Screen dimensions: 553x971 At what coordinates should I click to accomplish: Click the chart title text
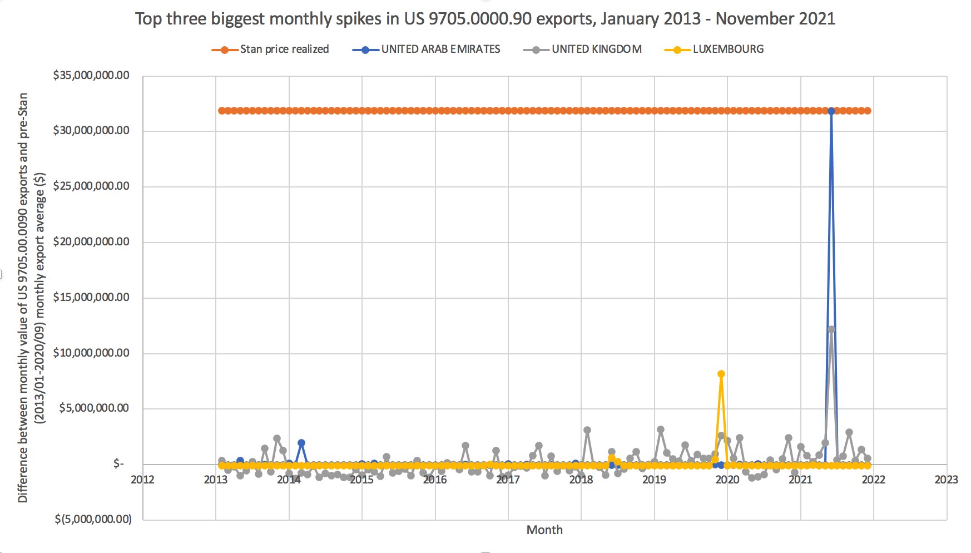pyautogui.click(x=485, y=19)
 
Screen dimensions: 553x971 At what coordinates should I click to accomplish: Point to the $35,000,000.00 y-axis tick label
pyautogui.click(x=91, y=76)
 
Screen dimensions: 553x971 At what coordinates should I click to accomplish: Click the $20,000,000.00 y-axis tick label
pyautogui.click(x=91, y=242)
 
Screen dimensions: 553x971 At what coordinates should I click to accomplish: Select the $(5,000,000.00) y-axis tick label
pyautogui.click(x=93, y=519)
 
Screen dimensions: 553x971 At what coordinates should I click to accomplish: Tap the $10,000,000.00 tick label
pyautogui.click(x=91, y=353)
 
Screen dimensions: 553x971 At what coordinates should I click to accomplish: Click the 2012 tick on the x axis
pyautogui.click(x=142, y=480)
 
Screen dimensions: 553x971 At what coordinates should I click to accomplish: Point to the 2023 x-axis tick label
pyautogui.click(x=946, y=480)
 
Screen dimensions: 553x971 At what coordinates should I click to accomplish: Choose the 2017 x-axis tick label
pyautogui.click(x=508, y=480)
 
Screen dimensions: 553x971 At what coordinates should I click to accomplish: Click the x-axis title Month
pyautogui.click(x=544, y=530)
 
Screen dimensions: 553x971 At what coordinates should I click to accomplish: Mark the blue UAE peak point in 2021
pyautogui.click(x=831, y=111)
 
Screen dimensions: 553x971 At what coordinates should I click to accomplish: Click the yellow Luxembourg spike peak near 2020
pyautogui.click(x=721, y=374)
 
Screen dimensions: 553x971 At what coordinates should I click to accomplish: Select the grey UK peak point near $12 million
pyautogui.click(x=831, y=329)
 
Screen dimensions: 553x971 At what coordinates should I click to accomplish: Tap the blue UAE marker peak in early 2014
pyautogui.click(x=301, y=443)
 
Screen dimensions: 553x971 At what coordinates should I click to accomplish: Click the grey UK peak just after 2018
pyautogui.click(x=587, y=431)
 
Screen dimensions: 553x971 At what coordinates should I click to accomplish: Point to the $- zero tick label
pyautogui.click(x=118, y=464)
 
